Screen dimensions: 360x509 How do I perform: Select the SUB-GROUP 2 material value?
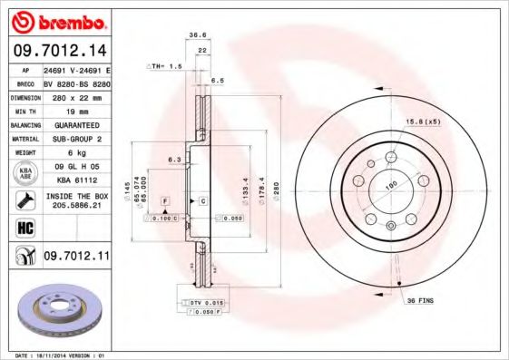(75, 139)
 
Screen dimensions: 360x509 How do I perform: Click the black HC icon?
(25, 227)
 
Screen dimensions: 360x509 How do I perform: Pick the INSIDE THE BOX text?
(75, 196)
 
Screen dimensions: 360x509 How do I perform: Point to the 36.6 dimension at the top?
(197, 35)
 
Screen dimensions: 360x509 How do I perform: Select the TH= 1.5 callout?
(165, 66)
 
